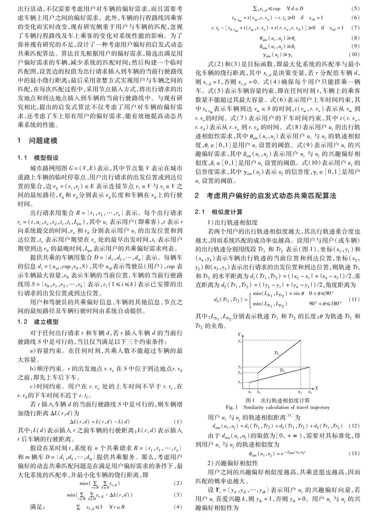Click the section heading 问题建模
43,141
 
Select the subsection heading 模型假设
46,158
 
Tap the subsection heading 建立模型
46,322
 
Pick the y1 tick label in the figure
240,382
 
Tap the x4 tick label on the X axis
310,392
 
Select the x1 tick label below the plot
250,392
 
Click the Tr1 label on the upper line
277,353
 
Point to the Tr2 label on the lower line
282,371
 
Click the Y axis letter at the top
239,334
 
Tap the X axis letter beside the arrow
316,388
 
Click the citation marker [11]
290,416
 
